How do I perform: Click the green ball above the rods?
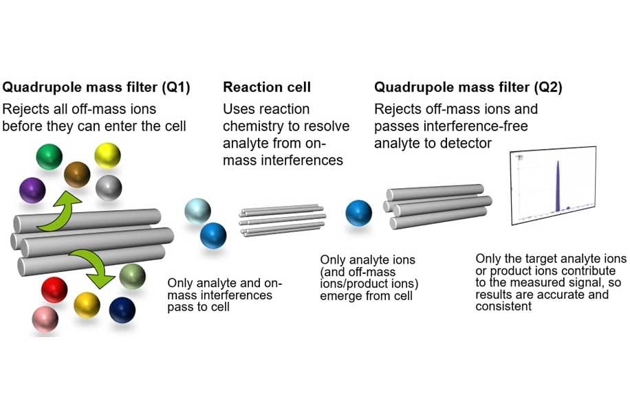coord(48,156)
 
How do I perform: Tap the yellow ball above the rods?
coord(107,155)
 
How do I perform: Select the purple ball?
coord(32,190)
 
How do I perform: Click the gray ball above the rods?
coord(109,187)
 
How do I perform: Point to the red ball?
coord(54,290)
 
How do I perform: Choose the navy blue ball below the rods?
coord(122,310)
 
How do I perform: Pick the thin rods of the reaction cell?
coord(282,220)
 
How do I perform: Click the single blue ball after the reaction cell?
coord(359,213)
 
